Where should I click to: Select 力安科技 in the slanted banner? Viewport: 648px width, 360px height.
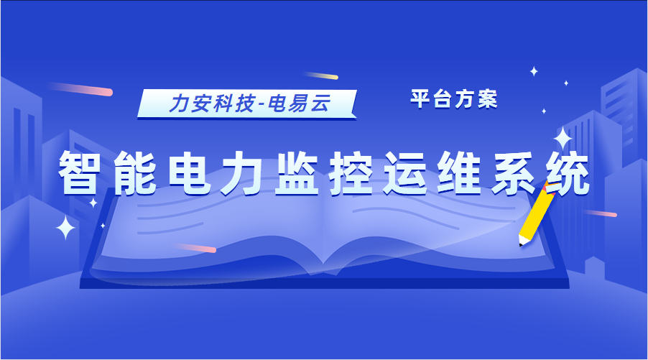211,104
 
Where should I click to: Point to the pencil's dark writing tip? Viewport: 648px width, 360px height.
520,243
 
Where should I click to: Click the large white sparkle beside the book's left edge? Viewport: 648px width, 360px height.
66,228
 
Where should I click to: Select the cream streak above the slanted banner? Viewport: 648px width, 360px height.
320,75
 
